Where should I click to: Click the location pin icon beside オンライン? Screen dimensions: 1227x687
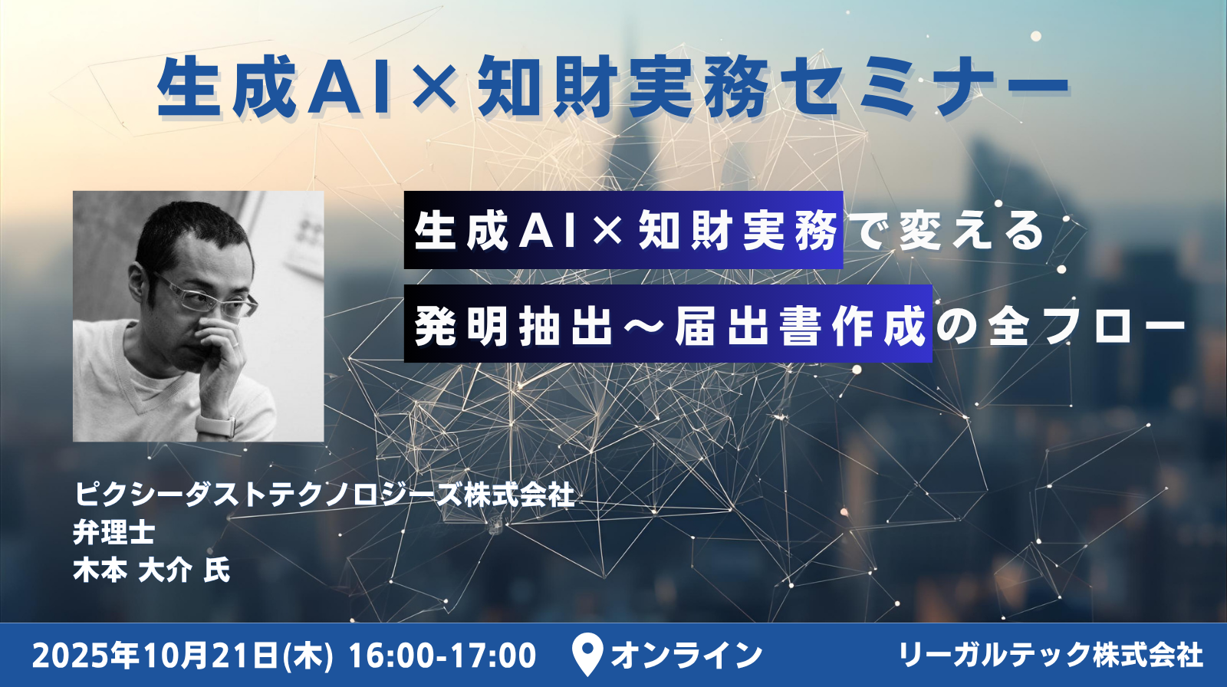tap(587, 655)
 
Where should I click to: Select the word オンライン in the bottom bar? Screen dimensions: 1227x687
tap(687, 656)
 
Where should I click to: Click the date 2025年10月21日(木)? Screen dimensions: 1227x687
tap(183, 656)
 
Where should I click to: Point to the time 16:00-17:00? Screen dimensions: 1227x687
tap(442, 656)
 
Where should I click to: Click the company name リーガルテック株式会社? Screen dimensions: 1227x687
tap(1051, 656)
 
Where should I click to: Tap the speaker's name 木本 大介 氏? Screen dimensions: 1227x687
tap(152, 570)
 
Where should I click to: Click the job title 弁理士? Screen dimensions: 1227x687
tap(114, 531)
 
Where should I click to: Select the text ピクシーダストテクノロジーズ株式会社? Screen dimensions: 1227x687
tap(324, 494)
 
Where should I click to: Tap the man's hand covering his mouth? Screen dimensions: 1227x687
tap(219, 350)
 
